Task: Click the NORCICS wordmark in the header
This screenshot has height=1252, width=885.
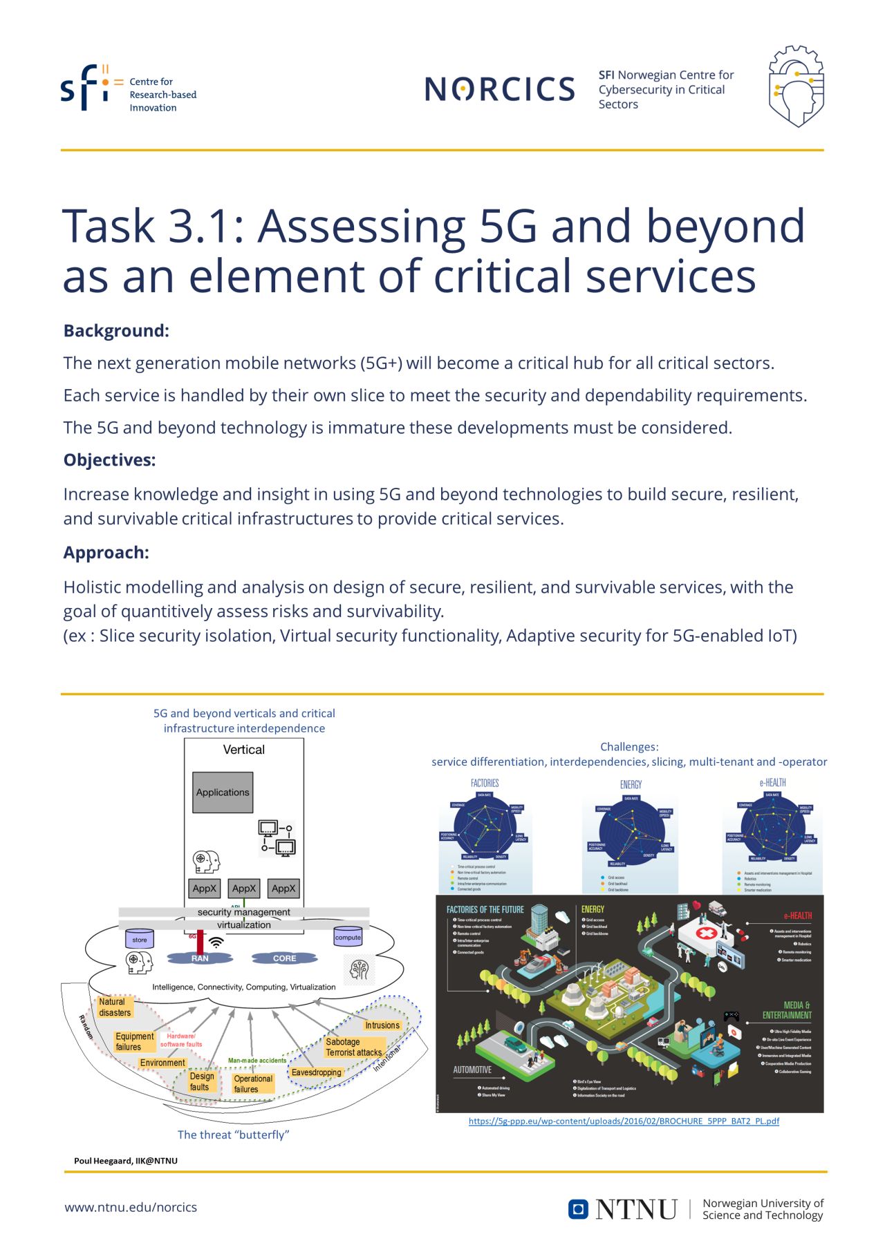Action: tap(499, 89)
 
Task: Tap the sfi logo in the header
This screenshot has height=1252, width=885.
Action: tap(84, 88)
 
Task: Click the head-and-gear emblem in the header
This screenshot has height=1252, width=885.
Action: tap(796, 86)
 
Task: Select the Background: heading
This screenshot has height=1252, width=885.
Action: tap(116, 331)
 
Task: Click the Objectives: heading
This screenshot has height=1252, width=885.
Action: tap(109, 460)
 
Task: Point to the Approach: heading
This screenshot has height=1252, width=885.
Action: tap(106, 553)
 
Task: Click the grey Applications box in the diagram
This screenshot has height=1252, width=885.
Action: tap(223, 793)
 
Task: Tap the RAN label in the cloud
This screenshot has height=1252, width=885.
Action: tap(200, 958)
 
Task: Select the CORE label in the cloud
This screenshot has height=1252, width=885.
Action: tap(284, 958)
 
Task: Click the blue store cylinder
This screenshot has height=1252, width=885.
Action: tap(140, 939)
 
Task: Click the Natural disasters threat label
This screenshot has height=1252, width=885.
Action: tap(115, 1007)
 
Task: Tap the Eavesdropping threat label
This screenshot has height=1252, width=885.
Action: tap(316, 1072)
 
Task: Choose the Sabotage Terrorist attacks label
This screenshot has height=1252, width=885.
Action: tap(353, 1047)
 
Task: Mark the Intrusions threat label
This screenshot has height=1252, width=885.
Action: tap(382, 1025)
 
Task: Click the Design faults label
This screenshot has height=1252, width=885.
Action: tap(201, 1081)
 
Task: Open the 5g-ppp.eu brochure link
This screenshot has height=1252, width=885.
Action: tap(624, 1121)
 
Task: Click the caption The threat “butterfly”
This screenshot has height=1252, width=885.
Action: tap(233, 1135)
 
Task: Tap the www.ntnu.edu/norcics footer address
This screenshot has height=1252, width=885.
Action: tap(131, 1207)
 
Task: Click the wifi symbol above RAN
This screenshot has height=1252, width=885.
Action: tap(216, 942)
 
